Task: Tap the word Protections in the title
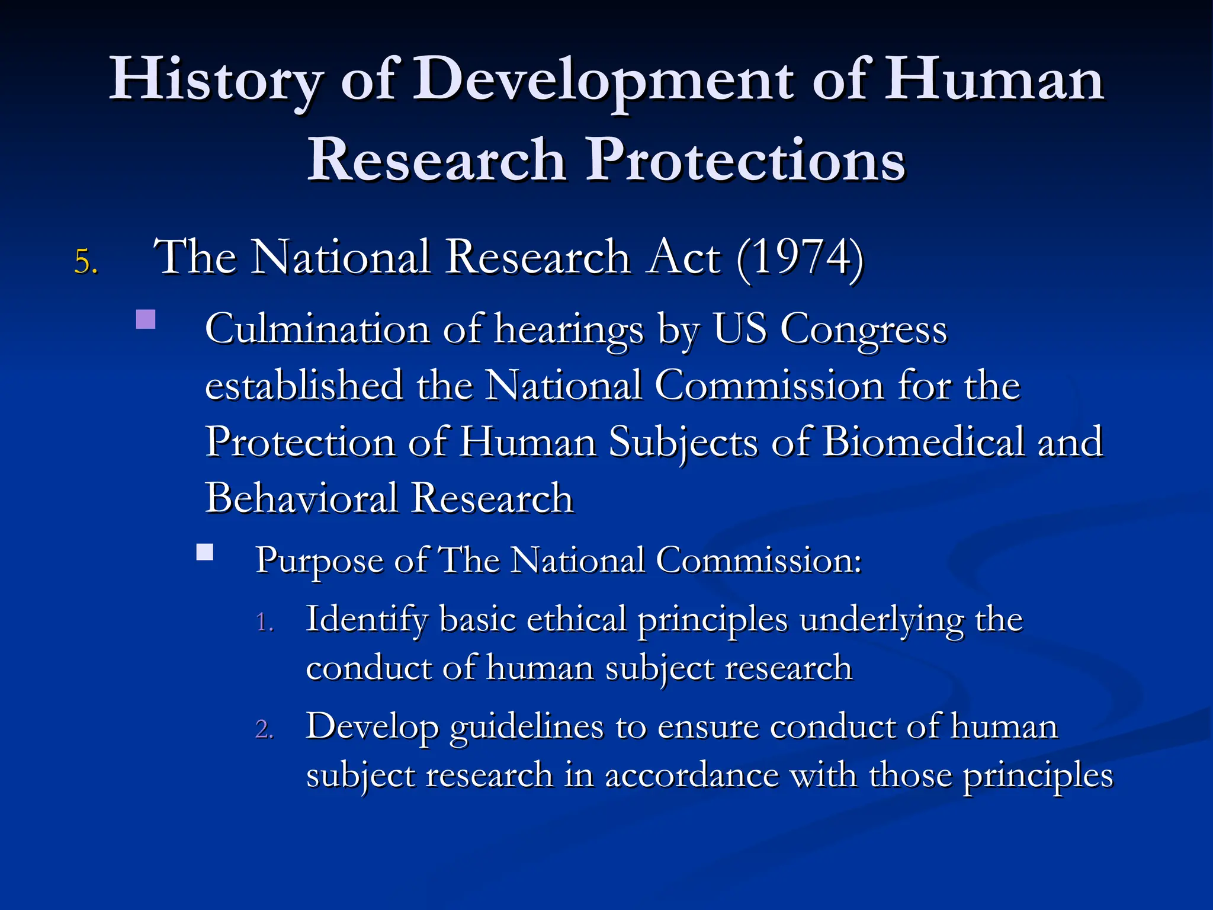(x=745, y=160)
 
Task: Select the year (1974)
(x=800, y=258)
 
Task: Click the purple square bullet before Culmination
(x=146, y=319)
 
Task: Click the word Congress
(x=864, y=330)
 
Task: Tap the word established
(x=303, y=386)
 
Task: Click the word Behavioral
(x=301, y=498)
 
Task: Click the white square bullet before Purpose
(x=205, y=552)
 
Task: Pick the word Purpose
(x=319, y=560)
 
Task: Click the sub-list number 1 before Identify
(x=264, y=623)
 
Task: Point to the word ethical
(x=576, y=619)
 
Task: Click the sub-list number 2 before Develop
(x=264, y=729)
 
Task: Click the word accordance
(x=691, y=775)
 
